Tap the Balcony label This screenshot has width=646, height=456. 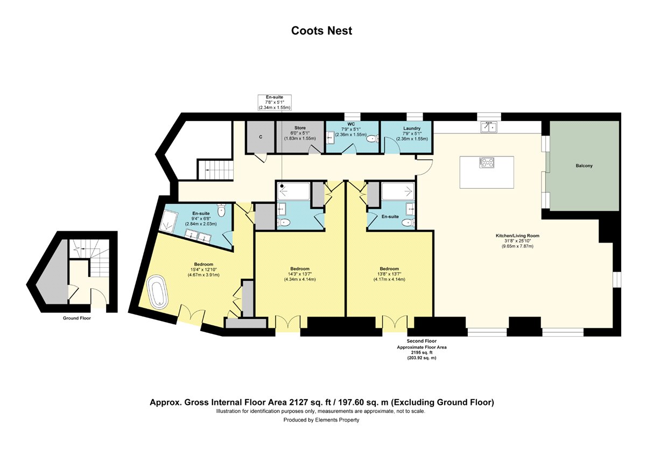pos(584,166)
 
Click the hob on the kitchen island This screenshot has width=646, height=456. pos(486,162)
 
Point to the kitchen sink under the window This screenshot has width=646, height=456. pos(489,127)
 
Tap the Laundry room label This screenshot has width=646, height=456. pos(411,128)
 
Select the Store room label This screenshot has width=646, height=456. pos(300,127)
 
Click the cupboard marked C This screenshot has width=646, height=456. pos(261,137)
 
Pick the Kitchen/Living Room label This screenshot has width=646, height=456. pos(517,236)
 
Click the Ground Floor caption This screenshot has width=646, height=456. pos(76,318)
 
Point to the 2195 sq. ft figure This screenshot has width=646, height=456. pos(422,352)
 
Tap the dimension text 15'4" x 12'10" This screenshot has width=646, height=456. pos(203,269)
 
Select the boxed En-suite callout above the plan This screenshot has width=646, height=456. pos(274,102)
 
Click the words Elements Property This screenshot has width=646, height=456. pos(337,420)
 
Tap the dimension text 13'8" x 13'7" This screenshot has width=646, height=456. pos(389,274)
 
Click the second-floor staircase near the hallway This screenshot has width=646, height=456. pos(215,170)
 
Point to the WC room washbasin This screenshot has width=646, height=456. pos(330,138)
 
